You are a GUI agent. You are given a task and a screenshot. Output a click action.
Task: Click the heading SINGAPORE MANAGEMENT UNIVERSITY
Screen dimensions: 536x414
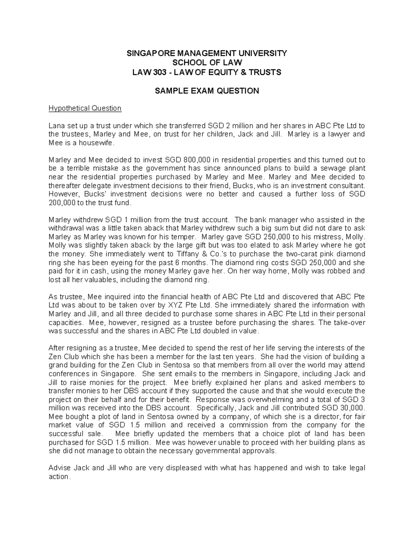pyautogui.click(x=207, y=53)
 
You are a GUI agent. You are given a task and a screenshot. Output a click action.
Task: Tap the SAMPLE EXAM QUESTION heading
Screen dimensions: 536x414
pyautogui.click(x=207, y=91)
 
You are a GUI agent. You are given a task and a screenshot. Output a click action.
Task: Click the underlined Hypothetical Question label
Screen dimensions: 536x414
pyautogui.click(x=85, y=108)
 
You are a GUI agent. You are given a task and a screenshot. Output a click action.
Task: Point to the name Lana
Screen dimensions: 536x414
pyautogui.click(x=56, y=125)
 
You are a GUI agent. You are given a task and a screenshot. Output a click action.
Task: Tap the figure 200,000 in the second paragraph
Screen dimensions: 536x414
pyautogui.click(x=62, y=203)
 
